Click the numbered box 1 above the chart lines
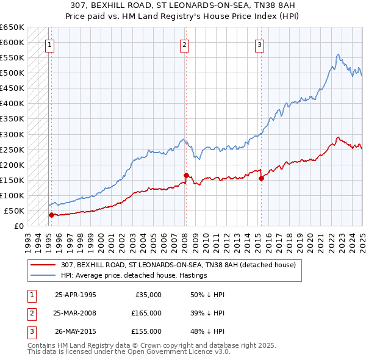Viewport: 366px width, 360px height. (49, 44)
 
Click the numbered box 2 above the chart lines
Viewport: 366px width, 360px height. (184, 44)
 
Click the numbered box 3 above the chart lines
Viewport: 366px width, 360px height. (259, 44)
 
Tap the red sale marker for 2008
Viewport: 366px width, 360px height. (185, 175)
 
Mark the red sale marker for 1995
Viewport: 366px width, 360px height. (51, 215)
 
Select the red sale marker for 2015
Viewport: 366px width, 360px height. (261, 178)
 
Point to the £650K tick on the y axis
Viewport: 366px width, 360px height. (12, 27)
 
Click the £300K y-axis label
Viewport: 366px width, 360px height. (12, 134)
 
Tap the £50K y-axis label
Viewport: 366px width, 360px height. (14, 211)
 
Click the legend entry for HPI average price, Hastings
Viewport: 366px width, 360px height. (134, 275)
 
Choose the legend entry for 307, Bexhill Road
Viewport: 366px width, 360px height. (178, 265)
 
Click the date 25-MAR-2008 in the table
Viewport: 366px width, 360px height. (75, 313)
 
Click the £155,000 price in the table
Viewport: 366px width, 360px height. (146, 331)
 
